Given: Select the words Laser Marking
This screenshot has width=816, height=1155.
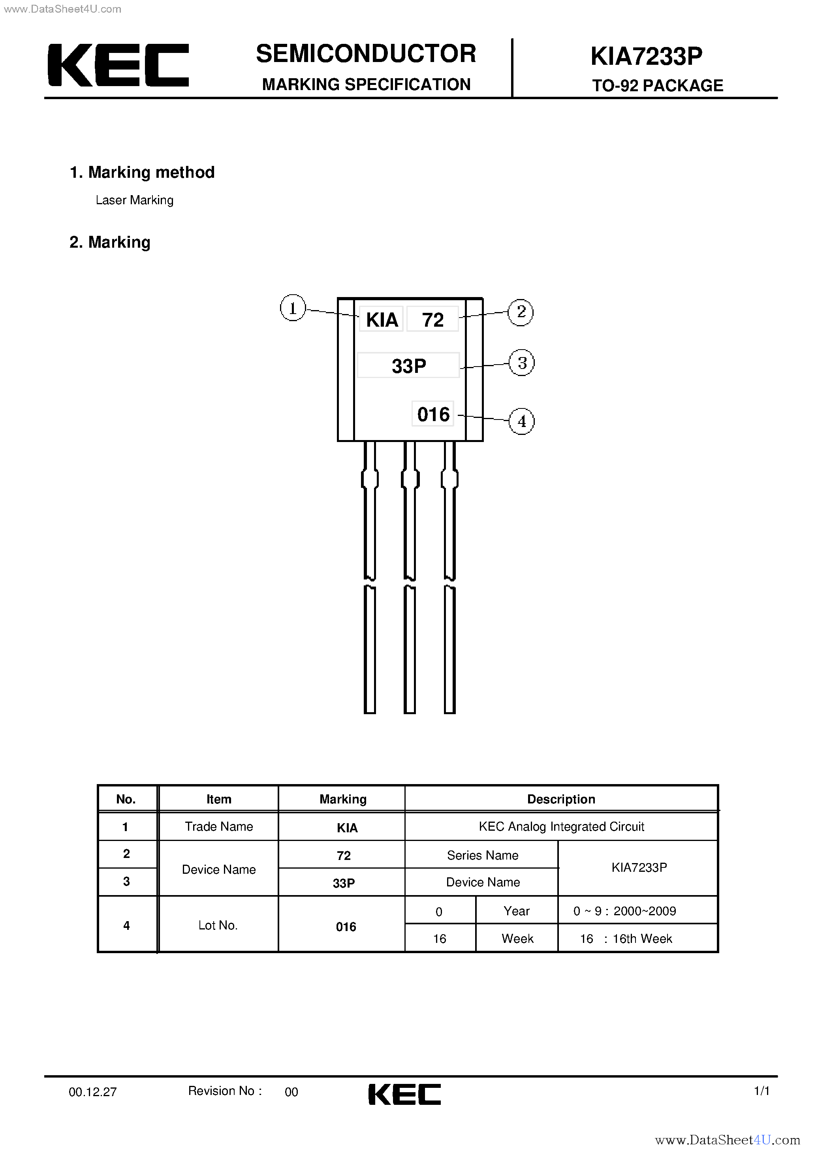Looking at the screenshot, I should coord(134,200).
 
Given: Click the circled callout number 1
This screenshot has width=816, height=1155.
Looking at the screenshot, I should coord(293,308).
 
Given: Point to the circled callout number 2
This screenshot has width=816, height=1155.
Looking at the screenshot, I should coord(521,312).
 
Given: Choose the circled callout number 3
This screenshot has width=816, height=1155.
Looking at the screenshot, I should coord(522,363).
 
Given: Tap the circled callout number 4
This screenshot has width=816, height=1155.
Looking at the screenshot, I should coord(522,421).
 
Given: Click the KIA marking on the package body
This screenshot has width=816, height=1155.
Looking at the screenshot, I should coord(381,320).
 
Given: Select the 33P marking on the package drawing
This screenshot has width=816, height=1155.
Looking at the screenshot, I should coord(408,366).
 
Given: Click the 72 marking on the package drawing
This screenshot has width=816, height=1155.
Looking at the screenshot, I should coord(432,320).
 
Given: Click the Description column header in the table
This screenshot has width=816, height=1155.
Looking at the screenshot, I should coord(561,799).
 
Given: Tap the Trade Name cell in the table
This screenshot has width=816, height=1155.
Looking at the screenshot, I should coord(219,826).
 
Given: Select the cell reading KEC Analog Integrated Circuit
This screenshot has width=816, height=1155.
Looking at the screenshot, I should coord(561,826).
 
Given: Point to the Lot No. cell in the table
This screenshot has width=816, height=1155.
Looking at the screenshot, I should coord(218,925).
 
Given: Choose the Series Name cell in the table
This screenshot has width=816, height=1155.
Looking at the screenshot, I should coord(483,855).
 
